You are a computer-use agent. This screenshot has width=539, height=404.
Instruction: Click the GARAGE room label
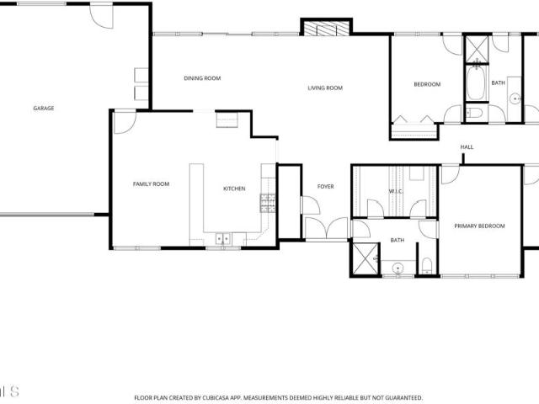44,109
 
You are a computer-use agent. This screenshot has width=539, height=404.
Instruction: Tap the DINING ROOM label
202,78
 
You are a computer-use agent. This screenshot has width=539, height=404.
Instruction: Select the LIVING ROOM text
325,88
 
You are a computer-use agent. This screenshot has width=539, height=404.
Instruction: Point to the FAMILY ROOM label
152,184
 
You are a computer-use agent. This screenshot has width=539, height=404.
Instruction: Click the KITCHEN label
234,189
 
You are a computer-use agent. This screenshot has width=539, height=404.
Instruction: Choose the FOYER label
326,187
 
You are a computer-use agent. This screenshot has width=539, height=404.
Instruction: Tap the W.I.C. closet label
396,191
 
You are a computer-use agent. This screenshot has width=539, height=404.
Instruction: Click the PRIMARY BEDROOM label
479,226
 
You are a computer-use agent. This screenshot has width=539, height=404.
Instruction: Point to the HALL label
467,147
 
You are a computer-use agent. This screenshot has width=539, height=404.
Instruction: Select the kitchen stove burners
268,203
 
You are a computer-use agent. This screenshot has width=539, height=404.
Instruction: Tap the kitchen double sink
222,238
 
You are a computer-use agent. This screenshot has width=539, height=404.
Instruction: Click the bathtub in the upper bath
477,82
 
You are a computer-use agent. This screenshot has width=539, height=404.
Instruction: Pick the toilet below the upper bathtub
474,113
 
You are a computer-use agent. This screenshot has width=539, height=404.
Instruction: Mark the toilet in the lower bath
427,266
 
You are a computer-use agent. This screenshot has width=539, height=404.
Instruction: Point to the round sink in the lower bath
398,267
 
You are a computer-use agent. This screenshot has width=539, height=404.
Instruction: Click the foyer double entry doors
327,228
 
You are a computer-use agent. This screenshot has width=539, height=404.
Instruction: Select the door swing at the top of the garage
102,16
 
